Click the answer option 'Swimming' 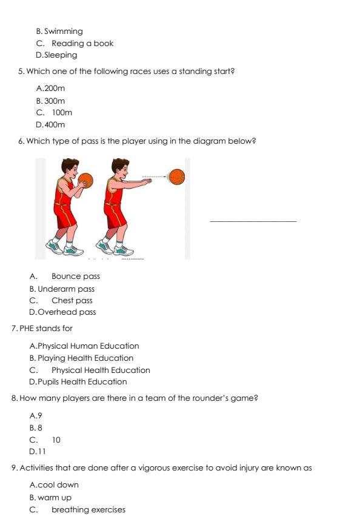pyautogui.click(x=63, y=32)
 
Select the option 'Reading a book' pyautogui.click(x=82, y=44)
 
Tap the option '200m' pyautogui.click(x=55, y=89)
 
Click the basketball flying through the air pyautogui.click(x=176, y=177)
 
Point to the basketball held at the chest pyautogui.click(x=85, y=179)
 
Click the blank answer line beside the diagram pyautogui.click(x=253, y=221)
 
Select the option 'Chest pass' pyautogui.click(x=72, y=301)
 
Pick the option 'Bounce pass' pyautogui.click(x=75, y=276)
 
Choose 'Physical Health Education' pyautogui.click(x=101, y=370)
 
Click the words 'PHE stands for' pyautogui.click(x=45, y=329)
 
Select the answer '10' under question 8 pyautogui.click(x=56, y=440)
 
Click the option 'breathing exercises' pyautogui.click(x=88, y=510)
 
